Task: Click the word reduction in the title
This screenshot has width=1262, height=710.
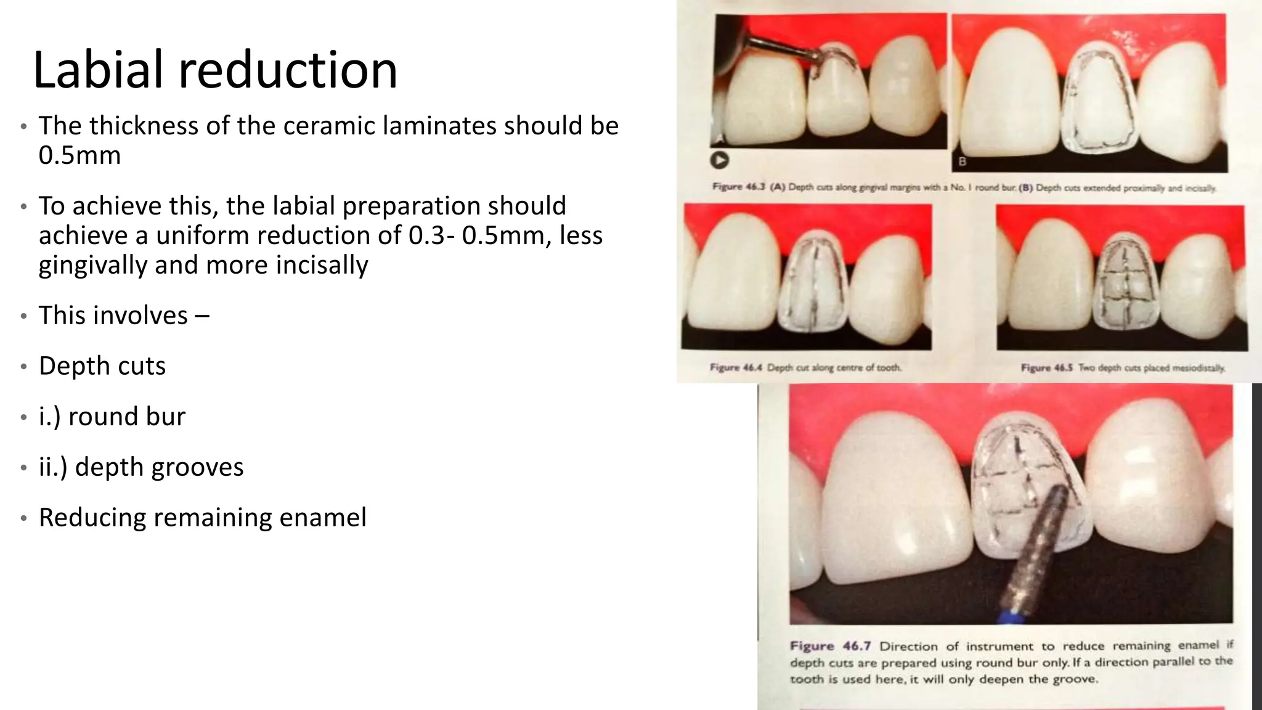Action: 288,69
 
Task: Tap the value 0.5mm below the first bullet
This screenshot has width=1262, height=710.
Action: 79,155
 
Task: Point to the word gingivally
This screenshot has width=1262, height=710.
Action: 92,265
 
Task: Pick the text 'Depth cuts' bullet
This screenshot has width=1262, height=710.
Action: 102,366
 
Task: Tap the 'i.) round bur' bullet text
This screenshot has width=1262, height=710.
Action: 112,417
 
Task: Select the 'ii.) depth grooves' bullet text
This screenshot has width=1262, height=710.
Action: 141,467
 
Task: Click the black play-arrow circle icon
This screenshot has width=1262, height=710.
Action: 719,160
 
